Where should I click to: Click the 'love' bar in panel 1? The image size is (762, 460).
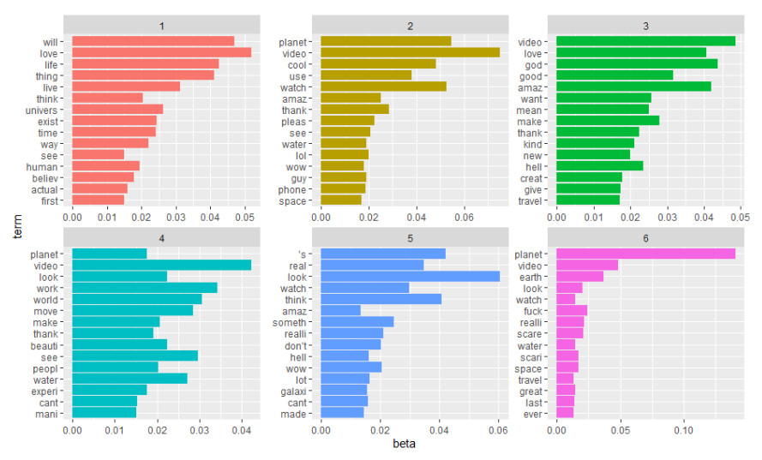161,52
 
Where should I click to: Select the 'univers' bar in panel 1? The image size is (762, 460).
117,109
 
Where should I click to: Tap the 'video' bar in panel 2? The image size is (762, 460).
410,52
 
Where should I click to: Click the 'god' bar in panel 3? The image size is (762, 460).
637,63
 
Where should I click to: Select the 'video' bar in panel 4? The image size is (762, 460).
161,265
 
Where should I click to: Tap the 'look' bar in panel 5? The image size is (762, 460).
410,276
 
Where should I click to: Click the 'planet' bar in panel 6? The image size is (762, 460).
645,254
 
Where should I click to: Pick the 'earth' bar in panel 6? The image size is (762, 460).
579,276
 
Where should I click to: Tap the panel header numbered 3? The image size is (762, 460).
647,26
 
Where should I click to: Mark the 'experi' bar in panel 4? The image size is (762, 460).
110,389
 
